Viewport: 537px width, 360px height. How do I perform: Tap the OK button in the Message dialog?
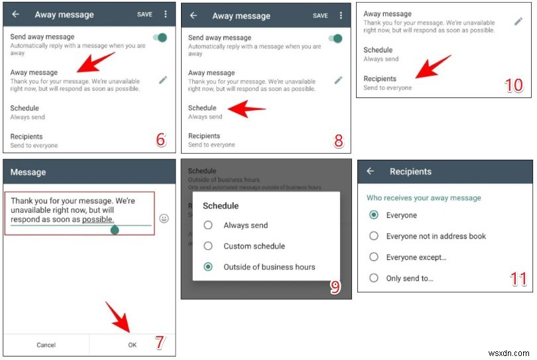point(132,345)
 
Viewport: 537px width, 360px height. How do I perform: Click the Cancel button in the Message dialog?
point(46,345)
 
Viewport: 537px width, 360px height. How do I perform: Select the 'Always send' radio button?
point(208,225)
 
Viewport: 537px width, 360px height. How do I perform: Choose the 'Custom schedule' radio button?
point(208,246)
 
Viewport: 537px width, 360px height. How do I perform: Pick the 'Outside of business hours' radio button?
point(208,267)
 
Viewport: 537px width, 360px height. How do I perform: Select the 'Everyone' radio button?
point(374,215)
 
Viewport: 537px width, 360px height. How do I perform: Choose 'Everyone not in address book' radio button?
point(374,236)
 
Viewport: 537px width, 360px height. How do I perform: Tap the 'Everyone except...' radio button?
point(374,257)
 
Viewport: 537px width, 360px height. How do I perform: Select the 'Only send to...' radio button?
point(374,278)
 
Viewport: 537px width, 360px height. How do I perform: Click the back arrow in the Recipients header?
point(371,172)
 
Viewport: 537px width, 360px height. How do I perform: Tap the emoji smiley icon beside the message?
point(164,218)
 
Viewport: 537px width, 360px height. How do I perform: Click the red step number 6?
point(160,140)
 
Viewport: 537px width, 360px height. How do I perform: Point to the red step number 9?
point(335,286)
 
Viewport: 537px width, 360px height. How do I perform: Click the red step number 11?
point(518,279)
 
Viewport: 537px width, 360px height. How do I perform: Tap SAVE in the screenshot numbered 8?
point(320,16)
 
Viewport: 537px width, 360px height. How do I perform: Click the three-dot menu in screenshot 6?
point(165,14)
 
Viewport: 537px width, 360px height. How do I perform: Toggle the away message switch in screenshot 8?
point(336,38)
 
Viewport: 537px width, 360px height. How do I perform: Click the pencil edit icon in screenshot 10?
point(518,21)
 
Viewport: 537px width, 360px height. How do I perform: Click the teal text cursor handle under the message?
point(114,230)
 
